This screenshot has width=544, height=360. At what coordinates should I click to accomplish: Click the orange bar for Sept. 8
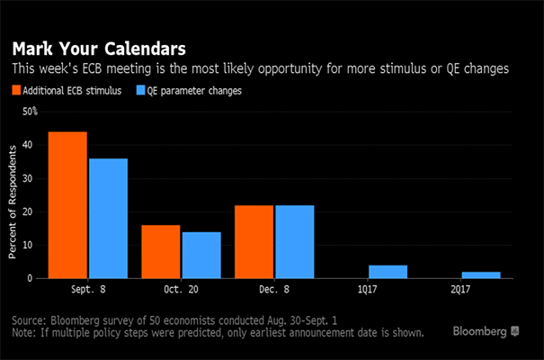(x=67, y=205)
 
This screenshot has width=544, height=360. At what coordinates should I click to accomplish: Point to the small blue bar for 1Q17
(x=388, y=272)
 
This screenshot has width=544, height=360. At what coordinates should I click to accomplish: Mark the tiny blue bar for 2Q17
(x=481, y=274)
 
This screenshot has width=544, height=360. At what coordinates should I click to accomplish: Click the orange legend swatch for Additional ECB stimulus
(x=16, y=90)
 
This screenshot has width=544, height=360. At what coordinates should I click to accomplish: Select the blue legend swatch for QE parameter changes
(x=141, y=90)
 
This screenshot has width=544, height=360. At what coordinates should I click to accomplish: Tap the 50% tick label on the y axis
(x=30, y=112)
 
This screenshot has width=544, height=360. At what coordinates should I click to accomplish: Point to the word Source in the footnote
(x=31, y=319)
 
